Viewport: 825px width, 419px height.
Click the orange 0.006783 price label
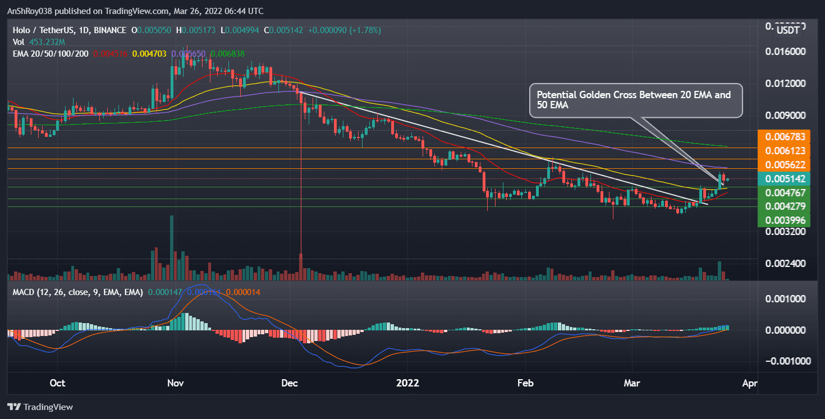point(782,137)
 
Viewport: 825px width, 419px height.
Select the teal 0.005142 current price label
point(782,179)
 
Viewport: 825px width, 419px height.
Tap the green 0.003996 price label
point(782,220)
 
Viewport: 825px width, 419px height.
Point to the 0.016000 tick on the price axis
point(785,52)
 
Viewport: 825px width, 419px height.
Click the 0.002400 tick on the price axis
point(785,263)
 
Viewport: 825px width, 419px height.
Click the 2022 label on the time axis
point(407,384)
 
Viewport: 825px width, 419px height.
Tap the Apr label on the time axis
point(750,384)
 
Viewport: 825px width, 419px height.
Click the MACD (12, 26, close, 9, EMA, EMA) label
point(77,292)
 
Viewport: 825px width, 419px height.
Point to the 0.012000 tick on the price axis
point(785,84)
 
